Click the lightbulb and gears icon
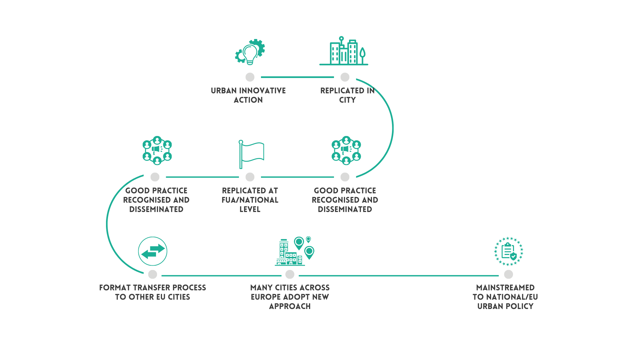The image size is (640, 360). (250, 52)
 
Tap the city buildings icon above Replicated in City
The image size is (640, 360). (344, 52)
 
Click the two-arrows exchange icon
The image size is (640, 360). (153, 251)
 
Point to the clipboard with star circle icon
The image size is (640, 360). (508, 251)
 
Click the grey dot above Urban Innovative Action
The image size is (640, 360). (250, 77)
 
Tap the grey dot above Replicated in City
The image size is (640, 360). (345, 77)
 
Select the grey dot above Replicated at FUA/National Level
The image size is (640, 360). (250, 177)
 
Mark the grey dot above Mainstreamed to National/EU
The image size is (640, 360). (508, 274)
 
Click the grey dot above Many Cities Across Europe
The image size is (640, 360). (290, 274)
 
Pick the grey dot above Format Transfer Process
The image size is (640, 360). (153, 274)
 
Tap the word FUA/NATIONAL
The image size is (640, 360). (250, 200)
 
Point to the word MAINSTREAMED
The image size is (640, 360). (505, 288)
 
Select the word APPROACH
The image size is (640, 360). (290, 306)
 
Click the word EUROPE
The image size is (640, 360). (267, 297)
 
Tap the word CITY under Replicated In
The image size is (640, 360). (347, 100)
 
